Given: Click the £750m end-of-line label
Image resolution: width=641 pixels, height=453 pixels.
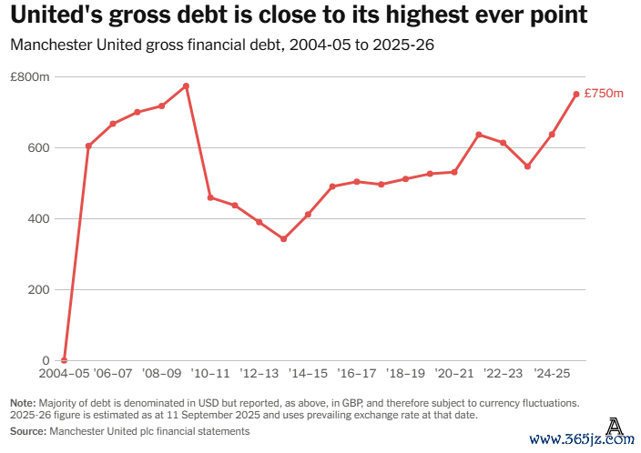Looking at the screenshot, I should coord(604,94).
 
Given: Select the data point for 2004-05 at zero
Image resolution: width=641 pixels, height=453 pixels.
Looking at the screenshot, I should coord(64,360).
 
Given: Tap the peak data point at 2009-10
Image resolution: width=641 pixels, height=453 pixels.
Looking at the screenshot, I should coord(186,86).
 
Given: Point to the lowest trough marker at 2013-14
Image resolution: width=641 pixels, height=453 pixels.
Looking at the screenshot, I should coord(283,239).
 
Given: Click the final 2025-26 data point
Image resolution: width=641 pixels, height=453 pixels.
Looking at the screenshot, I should coord(576,94).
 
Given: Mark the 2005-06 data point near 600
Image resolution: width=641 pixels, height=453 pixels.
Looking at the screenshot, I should coord(88,146).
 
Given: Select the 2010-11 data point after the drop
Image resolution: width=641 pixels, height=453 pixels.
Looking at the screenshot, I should coord(210,197).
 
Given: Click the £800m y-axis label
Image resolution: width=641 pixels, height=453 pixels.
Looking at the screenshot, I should coord(30,77).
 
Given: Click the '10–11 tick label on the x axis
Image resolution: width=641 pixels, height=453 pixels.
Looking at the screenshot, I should coord(210,374).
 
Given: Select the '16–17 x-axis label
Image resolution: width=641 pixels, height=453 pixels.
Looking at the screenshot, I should coord(357,374).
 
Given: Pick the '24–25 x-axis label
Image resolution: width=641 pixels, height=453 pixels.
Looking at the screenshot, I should coord(552,374).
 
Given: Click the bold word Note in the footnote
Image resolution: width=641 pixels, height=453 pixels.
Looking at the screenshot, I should coord(22,402).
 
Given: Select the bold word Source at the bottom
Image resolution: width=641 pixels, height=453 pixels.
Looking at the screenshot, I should coord(27,431).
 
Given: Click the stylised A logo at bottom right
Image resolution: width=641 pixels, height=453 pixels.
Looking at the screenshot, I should coord(616,425).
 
